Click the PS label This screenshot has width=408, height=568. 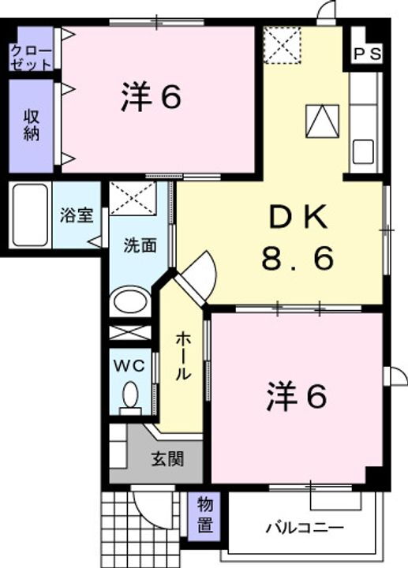click(x=367, y=54)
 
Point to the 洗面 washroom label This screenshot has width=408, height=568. click(x=139, y=245)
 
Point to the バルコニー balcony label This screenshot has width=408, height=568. click(x=304, y=527)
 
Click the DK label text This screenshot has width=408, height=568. click(x=298, y=216)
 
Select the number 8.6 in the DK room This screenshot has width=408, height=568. click(x=298, y=257)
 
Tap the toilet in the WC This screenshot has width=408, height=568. click(x=131, y=395)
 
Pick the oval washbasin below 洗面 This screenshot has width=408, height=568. click(x=130, y=303)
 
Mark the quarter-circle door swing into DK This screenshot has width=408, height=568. click(x=201, y=272)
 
